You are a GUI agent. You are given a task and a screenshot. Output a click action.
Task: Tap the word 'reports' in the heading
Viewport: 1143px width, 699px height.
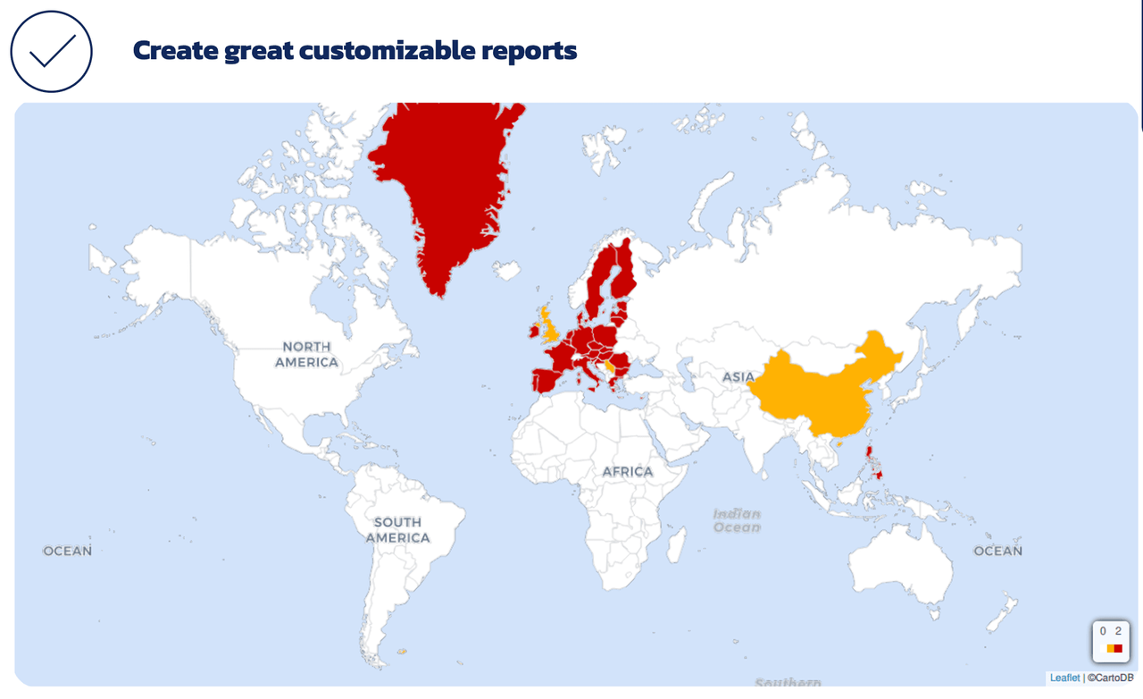point(529,51)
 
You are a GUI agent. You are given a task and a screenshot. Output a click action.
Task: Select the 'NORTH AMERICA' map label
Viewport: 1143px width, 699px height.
point(306,354)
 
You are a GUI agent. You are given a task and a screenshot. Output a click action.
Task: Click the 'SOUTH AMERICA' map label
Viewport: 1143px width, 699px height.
point(397,529)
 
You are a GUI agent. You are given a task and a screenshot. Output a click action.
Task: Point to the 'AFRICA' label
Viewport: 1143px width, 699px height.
point(627,471)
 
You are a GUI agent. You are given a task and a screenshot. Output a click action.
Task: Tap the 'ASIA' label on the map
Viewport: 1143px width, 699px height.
point(738,376)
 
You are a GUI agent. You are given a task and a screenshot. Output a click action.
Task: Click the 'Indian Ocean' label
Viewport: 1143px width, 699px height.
point(737,520)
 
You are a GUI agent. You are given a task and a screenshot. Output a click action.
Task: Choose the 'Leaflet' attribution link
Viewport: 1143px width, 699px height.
point(1064,678)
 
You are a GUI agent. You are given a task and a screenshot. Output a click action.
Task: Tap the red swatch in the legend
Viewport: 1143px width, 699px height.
point(1118,648)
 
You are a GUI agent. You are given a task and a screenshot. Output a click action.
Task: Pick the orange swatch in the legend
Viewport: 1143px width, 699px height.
point(1110,648)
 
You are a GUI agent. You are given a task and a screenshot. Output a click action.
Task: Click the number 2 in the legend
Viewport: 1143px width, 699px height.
point(1118,631)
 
